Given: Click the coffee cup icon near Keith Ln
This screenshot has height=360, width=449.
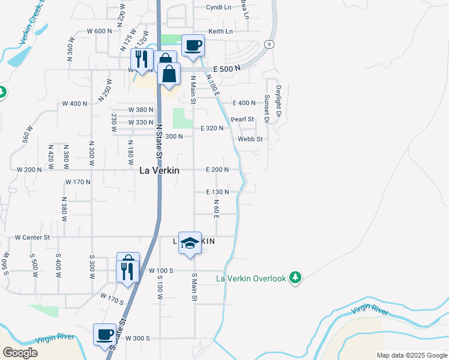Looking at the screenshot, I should pyautogui.click(x=193, y=46).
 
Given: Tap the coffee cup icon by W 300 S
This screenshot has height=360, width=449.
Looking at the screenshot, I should pyautogui.click(x=105, y=334).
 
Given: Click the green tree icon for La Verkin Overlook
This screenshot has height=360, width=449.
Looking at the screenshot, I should pyautogui.click(x=295, y=278).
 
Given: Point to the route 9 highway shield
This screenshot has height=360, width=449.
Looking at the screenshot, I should pyautogui.click(x=270, y=44).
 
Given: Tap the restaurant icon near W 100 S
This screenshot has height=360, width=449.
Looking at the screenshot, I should pyautogui.click(x=128, y=271).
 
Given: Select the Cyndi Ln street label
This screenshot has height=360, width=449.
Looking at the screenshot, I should pyautogui.click(x=218, y=7).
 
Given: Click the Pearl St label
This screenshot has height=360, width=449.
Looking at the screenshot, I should pyautogui.click(x=243, y=119).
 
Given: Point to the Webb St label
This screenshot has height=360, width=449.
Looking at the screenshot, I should pyautogui.click(x=250, y=139).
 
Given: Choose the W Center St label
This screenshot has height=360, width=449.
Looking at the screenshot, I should pyautogui.click(x=32, y=237).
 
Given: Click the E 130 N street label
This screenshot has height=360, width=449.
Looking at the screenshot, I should pyautogui.click(x=217, y=191).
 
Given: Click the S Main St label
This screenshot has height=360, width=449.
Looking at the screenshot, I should pyautogui.click(x=194, y=287).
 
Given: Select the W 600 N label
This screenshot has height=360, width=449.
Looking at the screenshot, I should pyautogui.click(x=100, y=31).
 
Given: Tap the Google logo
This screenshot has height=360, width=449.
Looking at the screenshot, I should pyautogui.click(x=20, y=353).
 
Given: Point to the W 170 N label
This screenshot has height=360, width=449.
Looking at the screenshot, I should pyautogui.click(x=78, y=181).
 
